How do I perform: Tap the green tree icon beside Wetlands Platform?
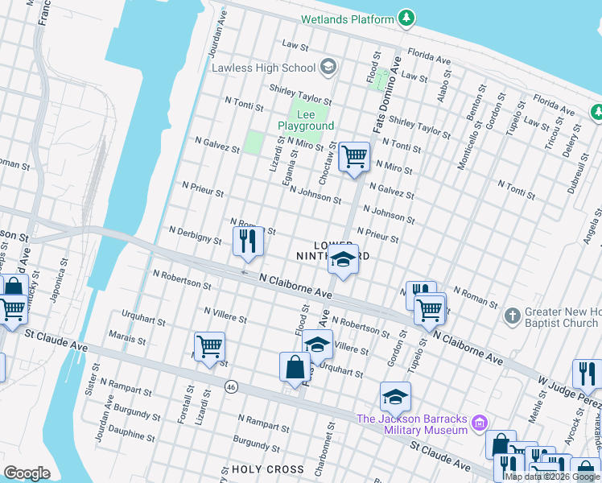[408, 18]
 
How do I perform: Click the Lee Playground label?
[306, 121]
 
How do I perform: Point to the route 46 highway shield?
[231, 387]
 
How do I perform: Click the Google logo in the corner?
[27, 473]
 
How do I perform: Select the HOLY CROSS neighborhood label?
[267, 469]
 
